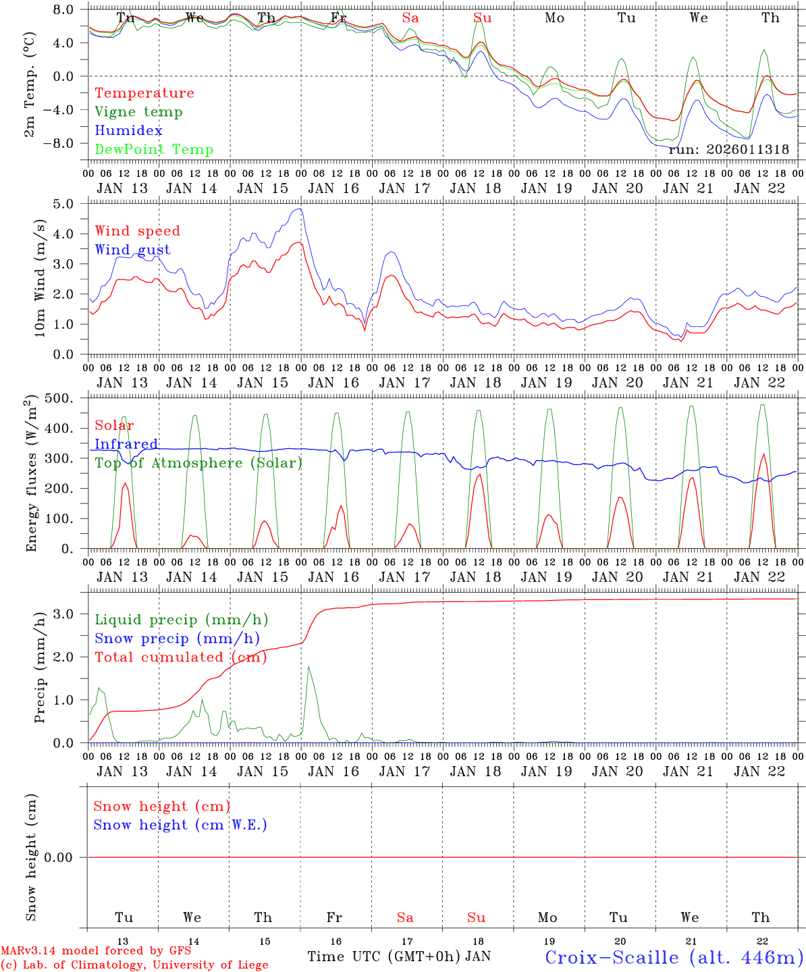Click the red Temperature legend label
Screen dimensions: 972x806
click(144, 93)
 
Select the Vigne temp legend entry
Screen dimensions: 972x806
click(138, 112)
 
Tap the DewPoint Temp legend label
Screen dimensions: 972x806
click(154, 150)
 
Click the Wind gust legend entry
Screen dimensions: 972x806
click(132, 250)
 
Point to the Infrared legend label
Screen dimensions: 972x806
click(126, 444)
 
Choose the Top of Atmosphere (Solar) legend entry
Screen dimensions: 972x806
click(198, 463)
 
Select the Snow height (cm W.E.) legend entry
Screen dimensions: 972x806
click(180, 825)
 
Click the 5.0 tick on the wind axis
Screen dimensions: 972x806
click(72, 204)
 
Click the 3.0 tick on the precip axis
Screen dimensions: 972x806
click(72, 614)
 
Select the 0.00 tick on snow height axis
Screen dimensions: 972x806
click(67, 857)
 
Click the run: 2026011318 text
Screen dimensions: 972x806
click(728, 150)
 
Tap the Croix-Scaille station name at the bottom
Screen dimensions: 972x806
click(674, 957)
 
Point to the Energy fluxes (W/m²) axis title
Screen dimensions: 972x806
click(31, 474)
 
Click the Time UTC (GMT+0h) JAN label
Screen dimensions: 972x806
click(398, 956)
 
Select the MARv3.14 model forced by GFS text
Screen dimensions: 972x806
click(96, 951)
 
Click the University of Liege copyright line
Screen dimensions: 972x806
click(134, 965)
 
